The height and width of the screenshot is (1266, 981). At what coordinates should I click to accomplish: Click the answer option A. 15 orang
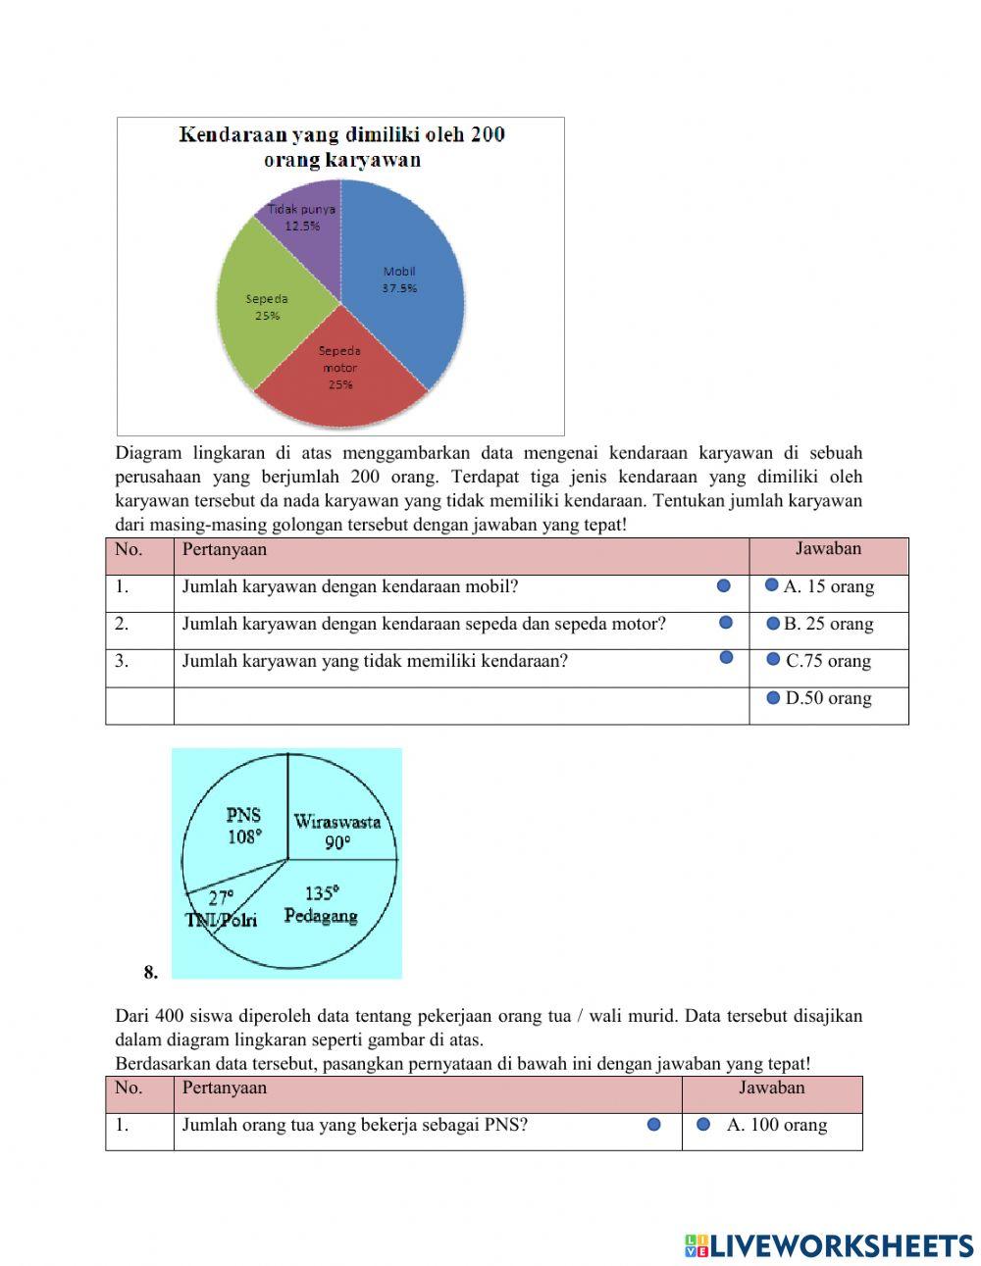point(828,586)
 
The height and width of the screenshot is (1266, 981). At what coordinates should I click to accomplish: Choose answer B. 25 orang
point(828,624)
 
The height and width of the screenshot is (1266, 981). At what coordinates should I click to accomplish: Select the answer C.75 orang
point(828,661)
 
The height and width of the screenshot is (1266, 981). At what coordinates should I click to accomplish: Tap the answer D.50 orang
point(828,698)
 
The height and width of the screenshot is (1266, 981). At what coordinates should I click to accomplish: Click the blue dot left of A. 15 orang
point(772,585)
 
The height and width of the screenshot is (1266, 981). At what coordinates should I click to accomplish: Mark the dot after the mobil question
point(724,585)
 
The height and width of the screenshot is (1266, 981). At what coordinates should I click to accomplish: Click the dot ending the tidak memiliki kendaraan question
point(727,657)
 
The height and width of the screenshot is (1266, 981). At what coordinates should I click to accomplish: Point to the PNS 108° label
point(243,826)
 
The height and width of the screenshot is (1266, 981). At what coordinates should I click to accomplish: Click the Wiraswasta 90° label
point(337,831)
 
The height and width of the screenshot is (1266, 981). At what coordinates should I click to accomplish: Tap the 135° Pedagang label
point(321,904)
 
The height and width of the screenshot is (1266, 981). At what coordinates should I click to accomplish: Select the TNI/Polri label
point(222,919)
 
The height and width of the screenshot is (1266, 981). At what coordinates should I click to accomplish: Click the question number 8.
point(150,973)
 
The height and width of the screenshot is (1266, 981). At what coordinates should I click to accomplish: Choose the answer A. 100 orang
point(776,1125)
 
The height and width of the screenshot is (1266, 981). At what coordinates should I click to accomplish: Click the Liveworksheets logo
point(828,1245)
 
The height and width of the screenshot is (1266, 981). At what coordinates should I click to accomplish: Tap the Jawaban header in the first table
point(828,549)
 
